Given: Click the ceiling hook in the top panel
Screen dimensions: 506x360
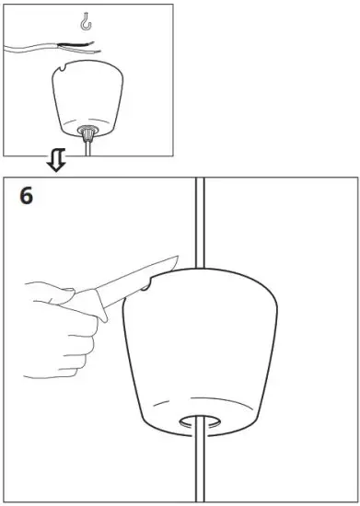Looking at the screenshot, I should (87, 19).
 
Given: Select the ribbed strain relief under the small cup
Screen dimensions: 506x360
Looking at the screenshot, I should (88, 134).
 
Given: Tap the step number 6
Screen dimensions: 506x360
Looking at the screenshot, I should (29, 196).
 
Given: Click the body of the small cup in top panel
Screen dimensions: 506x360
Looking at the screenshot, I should (88, 101).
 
